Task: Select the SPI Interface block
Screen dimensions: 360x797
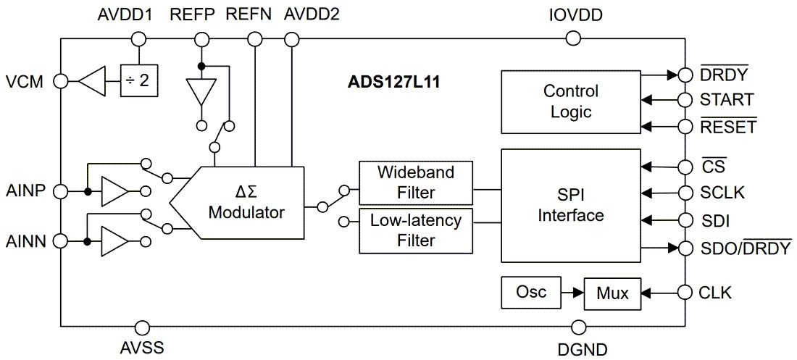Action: click(571, 206)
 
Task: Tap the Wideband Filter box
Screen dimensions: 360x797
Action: click(416, 183)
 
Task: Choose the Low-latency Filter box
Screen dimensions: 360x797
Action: click(416, 230)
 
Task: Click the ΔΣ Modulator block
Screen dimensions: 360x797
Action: click(246, 203)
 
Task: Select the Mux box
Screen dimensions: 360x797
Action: click(612, 293)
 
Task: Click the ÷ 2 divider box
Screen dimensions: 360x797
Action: click(138, 81)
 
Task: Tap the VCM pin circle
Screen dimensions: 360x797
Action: click(61, 81)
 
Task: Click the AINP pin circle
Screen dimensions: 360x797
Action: click(61, 192)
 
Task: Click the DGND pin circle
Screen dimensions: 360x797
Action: click(577, 327)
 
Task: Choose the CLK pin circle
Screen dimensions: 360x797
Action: click(684, 293)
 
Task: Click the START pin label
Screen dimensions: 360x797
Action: click(727, 100)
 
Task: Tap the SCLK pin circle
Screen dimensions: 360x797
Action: click(684, 193)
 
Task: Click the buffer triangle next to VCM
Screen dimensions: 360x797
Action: click(93, 81)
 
